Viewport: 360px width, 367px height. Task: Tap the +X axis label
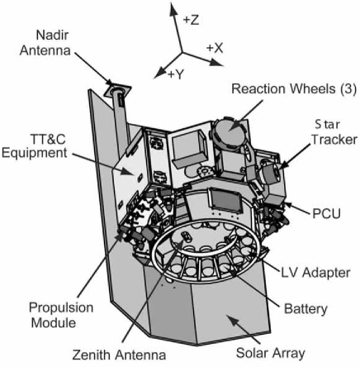point(215,47)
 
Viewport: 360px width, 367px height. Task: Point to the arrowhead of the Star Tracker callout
point(278,168)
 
